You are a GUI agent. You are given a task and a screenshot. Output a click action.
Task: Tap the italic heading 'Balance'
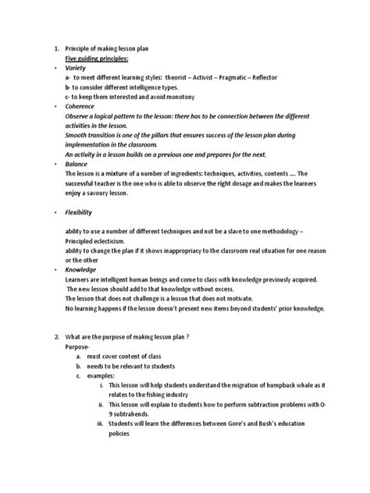79,165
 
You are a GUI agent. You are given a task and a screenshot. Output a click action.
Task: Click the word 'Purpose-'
78,347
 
